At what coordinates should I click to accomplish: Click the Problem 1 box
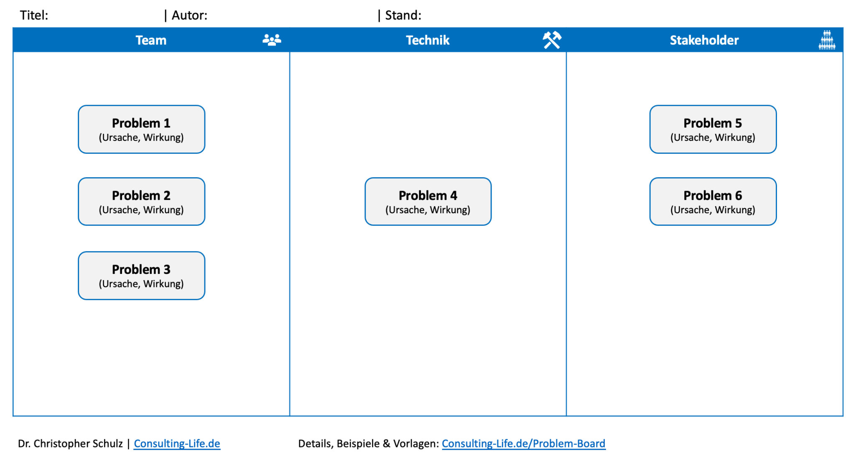point(141,129)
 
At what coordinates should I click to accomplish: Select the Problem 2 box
point(141,202)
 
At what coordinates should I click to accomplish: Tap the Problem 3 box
point(141,276)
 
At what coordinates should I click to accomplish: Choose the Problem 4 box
point(428,202)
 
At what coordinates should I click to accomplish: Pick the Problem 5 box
point(713,129)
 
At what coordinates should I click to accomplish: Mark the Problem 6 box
point(713,202)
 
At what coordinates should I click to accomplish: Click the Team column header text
point(151,40)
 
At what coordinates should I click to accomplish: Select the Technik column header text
point(428,40)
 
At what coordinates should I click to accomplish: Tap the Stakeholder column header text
point(704,40)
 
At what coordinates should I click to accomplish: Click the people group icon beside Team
point(272,40)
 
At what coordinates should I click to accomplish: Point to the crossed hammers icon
point(552,40)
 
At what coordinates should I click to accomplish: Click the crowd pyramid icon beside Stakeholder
point(826,40)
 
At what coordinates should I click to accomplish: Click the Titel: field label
point(34,15)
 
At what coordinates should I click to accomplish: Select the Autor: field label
point(189,15)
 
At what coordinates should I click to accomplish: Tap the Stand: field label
point(403,15)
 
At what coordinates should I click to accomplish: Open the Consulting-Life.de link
point(177,443)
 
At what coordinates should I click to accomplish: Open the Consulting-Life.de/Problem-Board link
point(523,443)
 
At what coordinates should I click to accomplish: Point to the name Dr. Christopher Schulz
point(70,443)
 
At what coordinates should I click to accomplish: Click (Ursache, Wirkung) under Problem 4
point(428,210)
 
